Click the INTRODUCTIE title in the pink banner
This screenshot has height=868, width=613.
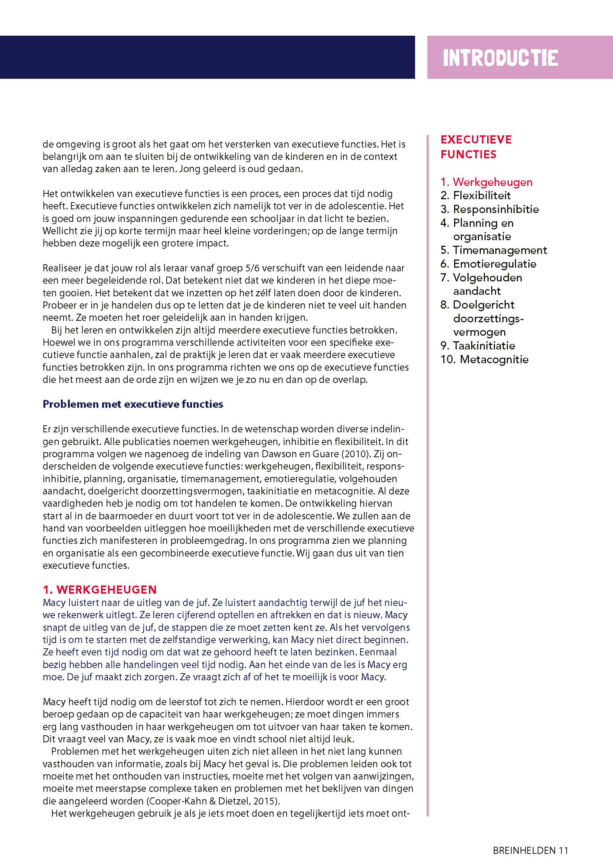500,58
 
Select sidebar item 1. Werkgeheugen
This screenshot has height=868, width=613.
486,182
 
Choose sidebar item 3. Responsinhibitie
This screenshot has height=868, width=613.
489,209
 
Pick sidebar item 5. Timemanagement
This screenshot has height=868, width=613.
494,250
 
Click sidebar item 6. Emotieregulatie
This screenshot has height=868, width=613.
488,264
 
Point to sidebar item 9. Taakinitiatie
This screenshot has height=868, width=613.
477,346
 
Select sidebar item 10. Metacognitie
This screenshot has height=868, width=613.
484,359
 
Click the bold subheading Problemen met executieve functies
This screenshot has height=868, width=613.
133,404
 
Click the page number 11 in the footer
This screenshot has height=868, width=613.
564,840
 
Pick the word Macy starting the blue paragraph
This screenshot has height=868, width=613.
53,603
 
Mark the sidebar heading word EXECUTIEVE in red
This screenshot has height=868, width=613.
476,139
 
